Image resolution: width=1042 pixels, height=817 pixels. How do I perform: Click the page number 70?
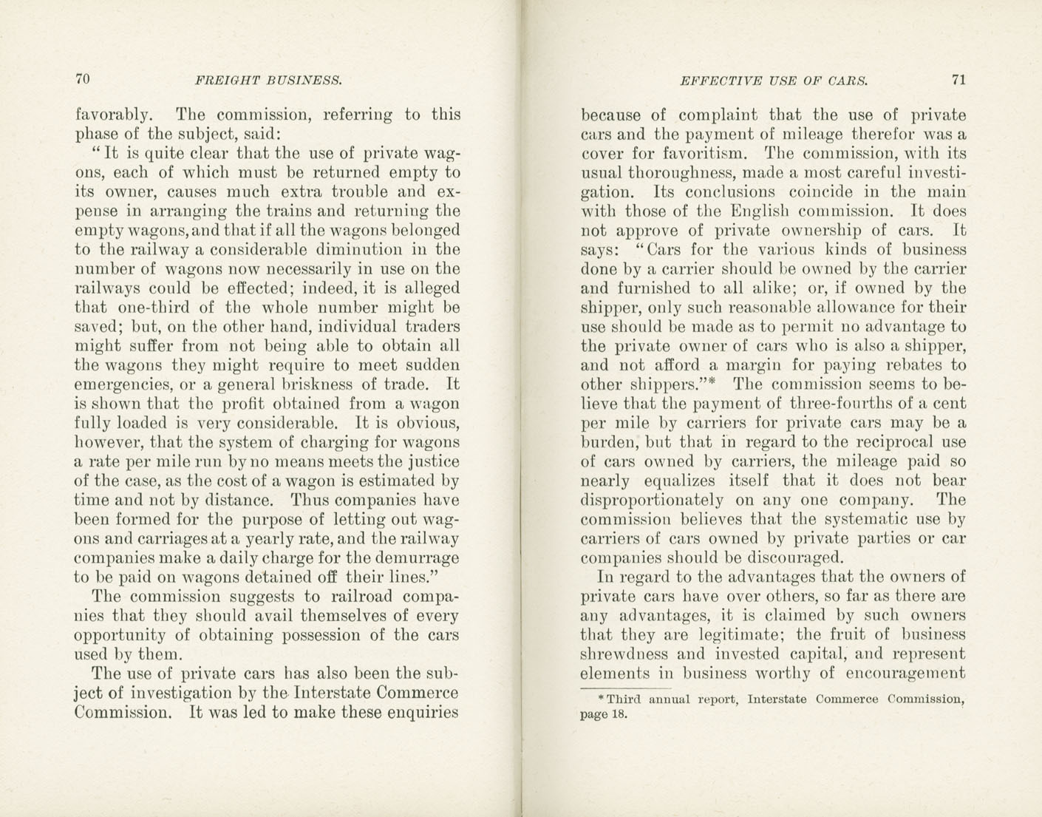82,79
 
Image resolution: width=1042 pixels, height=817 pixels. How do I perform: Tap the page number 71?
958,80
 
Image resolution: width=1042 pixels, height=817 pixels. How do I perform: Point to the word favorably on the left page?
113,115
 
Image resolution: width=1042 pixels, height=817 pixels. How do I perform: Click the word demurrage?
414,557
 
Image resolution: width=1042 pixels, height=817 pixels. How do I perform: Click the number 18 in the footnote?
620,714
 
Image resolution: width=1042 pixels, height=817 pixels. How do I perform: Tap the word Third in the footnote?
625,699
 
